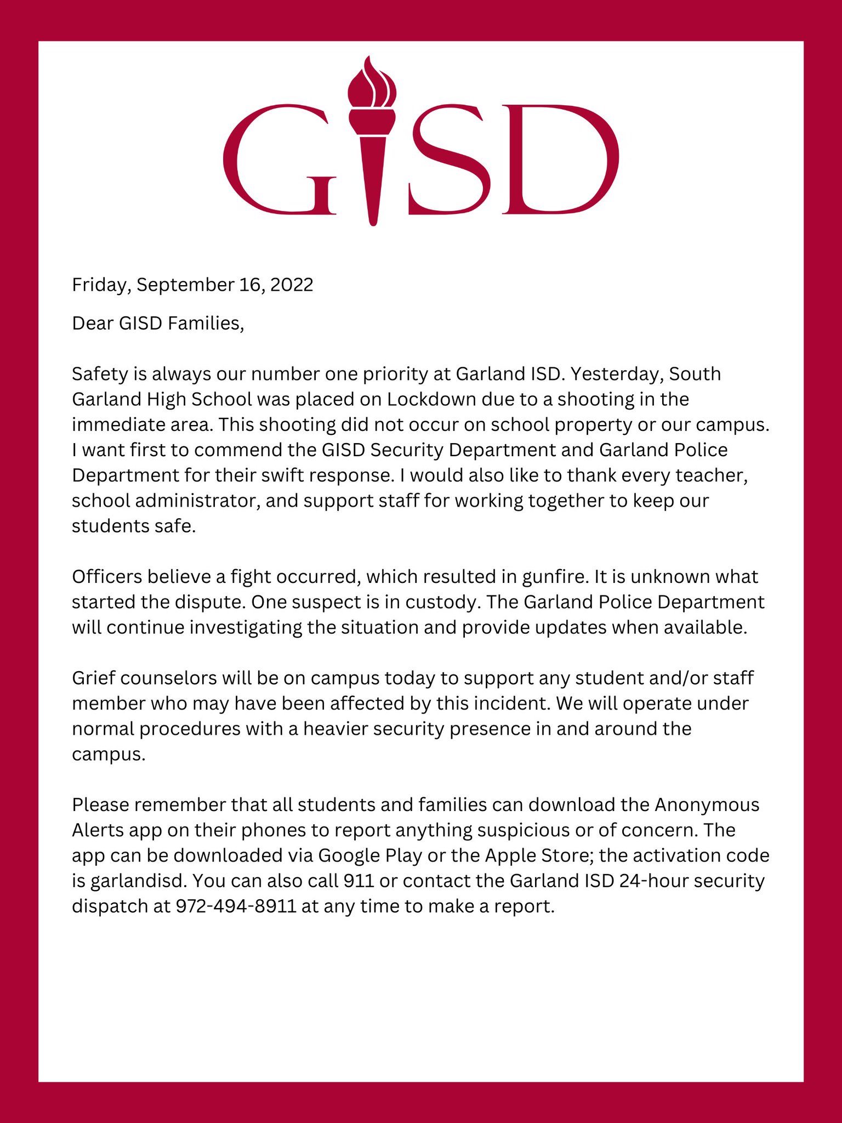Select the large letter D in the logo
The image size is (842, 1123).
(x=559, y=159)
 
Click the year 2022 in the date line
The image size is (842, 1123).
(x=292, y=285)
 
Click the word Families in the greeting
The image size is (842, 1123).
(x=205, y=323)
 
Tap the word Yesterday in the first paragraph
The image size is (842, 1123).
(x=617, y=373)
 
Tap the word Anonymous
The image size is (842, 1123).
(x=707, y=804)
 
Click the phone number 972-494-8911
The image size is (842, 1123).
(x=236, y=906)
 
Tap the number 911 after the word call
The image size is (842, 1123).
(x=359, y=881)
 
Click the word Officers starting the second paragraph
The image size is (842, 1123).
(x=107, y=576)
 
